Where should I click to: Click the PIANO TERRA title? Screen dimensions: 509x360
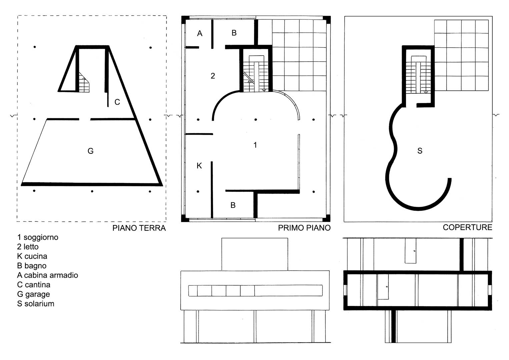click(139, 228)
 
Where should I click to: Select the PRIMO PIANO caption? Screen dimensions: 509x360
click(304, 228)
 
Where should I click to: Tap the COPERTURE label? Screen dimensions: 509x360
click(467, 227)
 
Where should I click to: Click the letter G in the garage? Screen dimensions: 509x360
click(90, 151)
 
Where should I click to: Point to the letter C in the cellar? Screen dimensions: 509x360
click(117, 102)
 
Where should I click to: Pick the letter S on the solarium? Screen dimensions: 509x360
click(420, 151)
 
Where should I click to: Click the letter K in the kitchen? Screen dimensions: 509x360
click(199, 166)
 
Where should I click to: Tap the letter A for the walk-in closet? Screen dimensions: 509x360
click(200, 33)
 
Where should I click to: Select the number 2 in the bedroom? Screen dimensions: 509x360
click(213, 76)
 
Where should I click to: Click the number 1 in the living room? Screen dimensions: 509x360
click(255, 145)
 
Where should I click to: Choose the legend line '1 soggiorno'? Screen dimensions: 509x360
click(38, 237)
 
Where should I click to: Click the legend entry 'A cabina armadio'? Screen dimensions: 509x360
click(47, 275)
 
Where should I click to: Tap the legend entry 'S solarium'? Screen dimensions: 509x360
click(36, 304)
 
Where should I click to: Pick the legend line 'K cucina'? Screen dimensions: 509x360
click(32, 256)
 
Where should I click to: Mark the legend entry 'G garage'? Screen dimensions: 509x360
click(34, 294)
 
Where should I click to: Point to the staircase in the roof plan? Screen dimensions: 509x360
click(418, 75)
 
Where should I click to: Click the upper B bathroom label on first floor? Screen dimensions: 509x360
click(234, 33)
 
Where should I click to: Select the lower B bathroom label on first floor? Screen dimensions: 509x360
click(233, 205)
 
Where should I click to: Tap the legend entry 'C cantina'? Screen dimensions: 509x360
click(34, 285)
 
